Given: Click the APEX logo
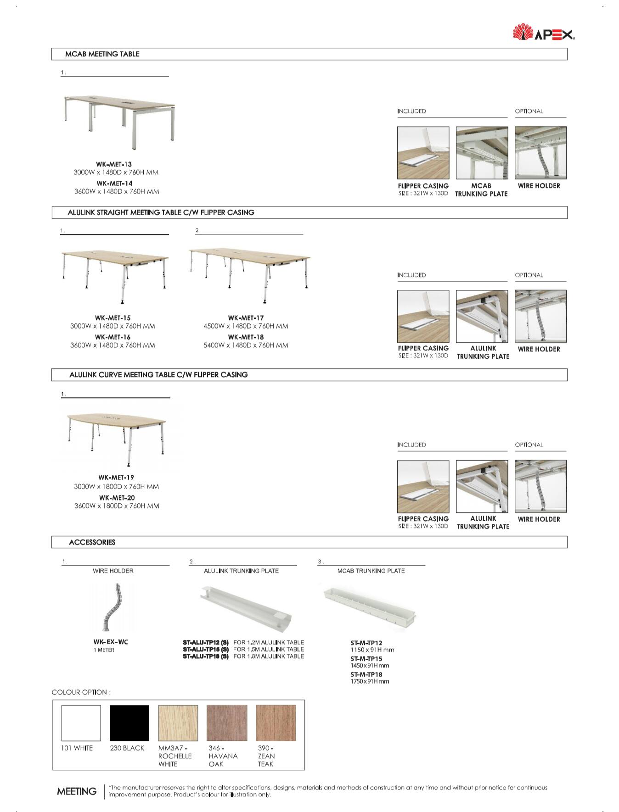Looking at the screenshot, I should tap(544, 33).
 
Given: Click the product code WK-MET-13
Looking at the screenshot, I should tap(114, 164).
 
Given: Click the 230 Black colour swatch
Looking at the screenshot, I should tap(129, 723).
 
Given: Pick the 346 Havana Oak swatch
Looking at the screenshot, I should tap(227, 723).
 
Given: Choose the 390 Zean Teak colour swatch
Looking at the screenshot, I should tap(276, 723).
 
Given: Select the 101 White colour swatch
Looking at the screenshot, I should tap(81, 723).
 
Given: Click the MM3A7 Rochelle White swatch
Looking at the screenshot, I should tap(178, 723).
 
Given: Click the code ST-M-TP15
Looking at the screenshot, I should tap(366, 659).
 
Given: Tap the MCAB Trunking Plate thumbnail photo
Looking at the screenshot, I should tap(482, 153).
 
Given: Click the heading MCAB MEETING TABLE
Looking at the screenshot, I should tap(102, 54).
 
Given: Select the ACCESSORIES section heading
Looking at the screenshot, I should tap(92, 542).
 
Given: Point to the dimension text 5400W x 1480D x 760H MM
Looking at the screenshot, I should tap(246, 345).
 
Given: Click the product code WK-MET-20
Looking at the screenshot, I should tap(117, 498).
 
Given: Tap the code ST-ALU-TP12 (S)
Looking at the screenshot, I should tap(205, 642).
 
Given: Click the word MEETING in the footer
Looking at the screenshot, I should tap(77, 791).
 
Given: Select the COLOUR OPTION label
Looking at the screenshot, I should tap(81, 692).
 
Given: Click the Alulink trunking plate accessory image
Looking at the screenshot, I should tap(246, 608).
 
